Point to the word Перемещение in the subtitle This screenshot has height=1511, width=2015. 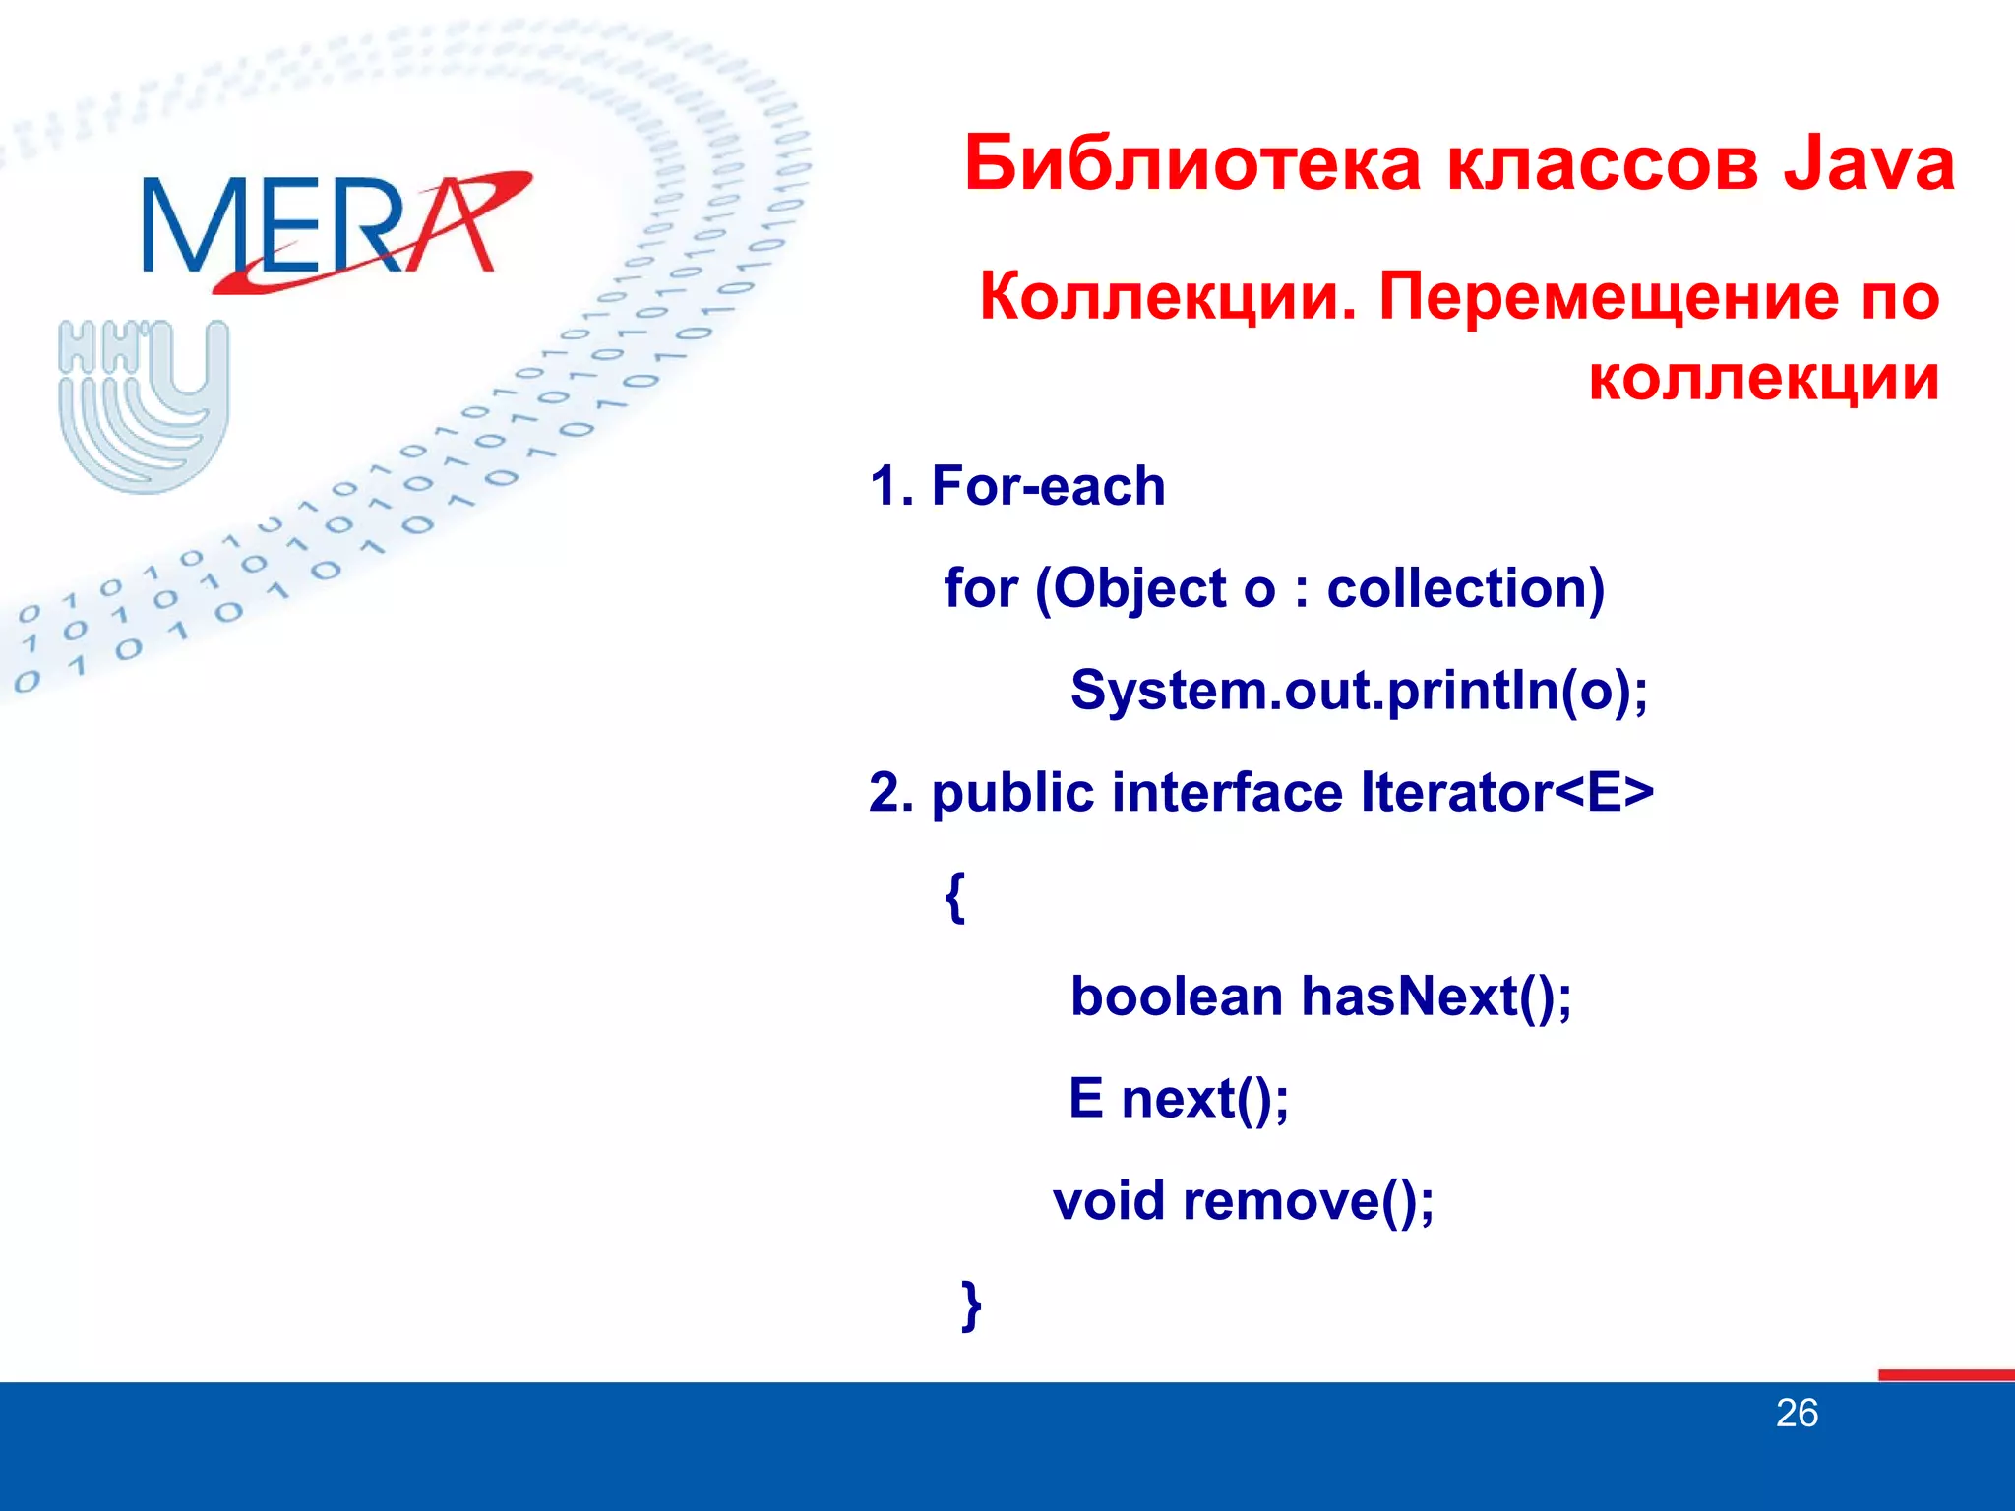(1608, 296)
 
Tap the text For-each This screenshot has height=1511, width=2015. (1048, 486)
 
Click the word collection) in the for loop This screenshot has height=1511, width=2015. (1465, 588)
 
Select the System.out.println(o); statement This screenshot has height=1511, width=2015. (1359, 691)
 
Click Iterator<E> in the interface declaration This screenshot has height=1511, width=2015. (1506, 792)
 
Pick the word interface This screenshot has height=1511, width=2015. (1226, 792)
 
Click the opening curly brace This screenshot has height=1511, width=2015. (954, 896)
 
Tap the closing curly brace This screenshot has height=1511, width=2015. (971, 1305)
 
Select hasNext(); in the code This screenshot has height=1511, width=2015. (1436, 997)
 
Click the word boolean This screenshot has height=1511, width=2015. (1176, 997)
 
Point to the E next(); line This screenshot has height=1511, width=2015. (1179, 1099)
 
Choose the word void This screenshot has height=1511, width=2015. (1108, 1201)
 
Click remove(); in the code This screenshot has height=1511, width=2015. (1308, 1201)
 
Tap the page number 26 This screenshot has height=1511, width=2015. (1796, 1414)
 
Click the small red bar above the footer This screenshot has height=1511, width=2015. (1945, 1374)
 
